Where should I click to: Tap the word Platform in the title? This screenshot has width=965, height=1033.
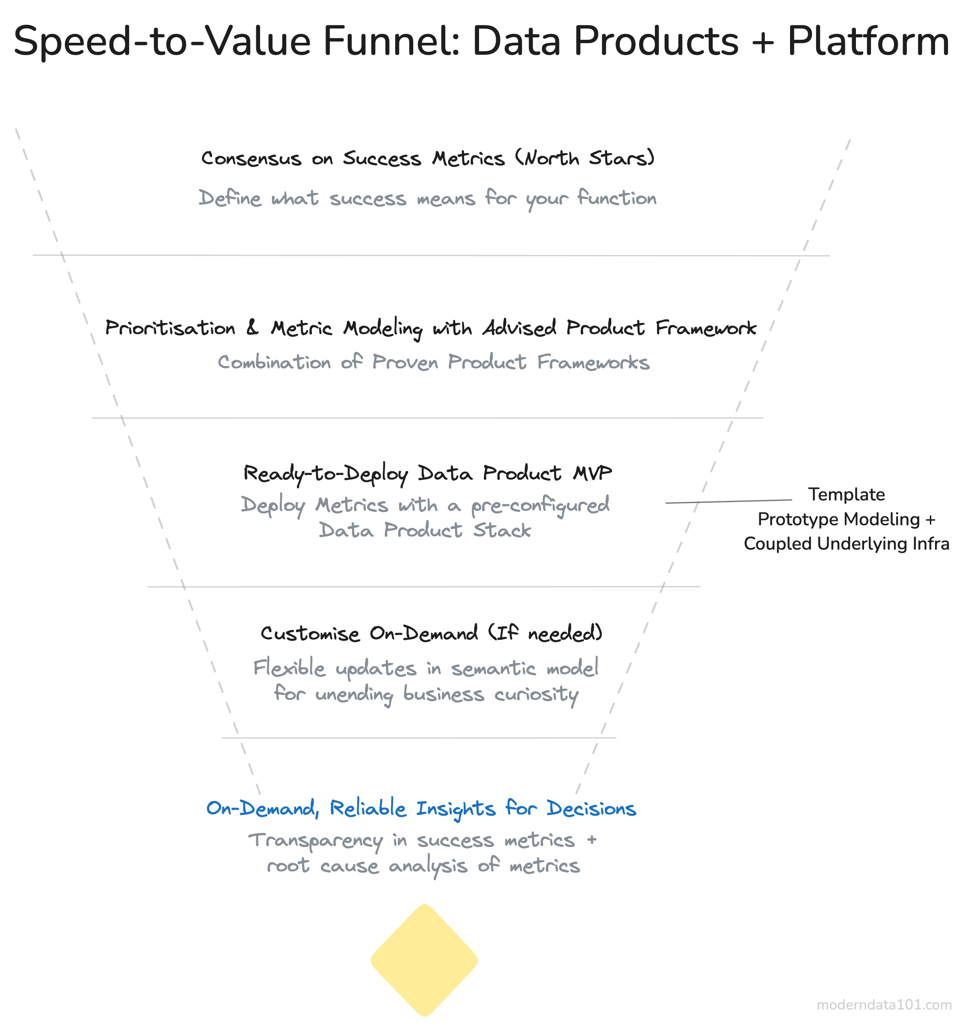pos(868,41)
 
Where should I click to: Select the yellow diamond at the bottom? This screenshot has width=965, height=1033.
pos(424,960)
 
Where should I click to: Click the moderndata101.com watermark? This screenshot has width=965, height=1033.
pos(884,1004)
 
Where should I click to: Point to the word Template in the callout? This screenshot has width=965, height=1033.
pos(846,494)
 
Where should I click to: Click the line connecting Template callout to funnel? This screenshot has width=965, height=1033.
pos(728,501)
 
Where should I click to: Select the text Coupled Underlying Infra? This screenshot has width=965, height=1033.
pos(846,544)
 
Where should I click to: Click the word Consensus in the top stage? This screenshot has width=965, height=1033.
pos(251,158)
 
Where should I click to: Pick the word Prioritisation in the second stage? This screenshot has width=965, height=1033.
pos(170,328)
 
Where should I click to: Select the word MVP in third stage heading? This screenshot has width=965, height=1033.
pos(592,473)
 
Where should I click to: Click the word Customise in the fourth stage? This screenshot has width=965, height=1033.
pos(310,633)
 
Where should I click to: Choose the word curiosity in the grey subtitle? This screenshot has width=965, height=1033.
pos(536,695)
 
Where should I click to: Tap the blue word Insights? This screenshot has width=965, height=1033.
pos(456,809)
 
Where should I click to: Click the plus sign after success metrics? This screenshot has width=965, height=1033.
pos(592,840)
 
